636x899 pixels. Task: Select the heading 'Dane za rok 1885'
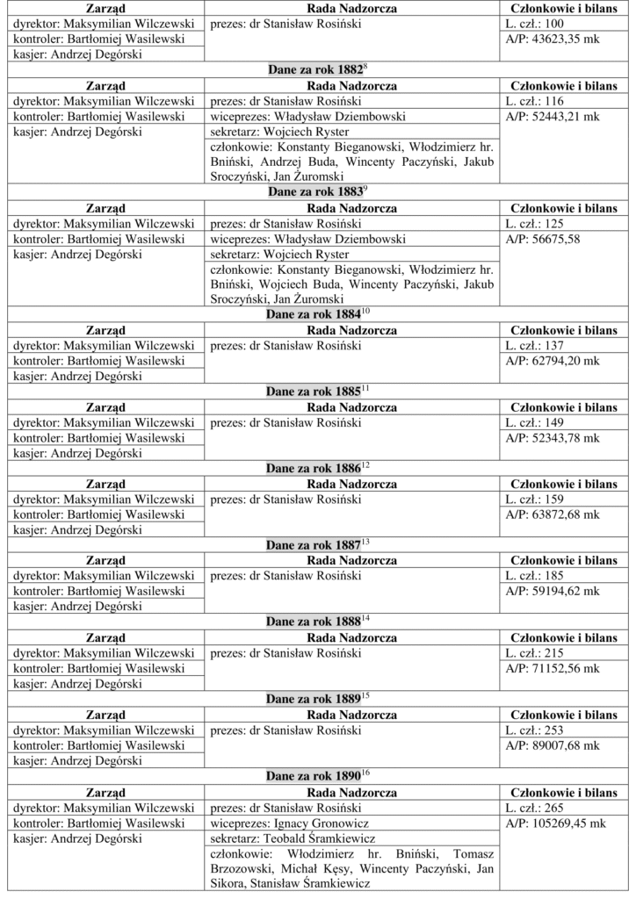[314, 390]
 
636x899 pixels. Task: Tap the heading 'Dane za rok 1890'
[314, 775]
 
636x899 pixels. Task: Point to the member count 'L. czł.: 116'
[535, 102]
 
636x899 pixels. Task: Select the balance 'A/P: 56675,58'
[543, 239]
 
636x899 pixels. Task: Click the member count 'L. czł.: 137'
[535, 346]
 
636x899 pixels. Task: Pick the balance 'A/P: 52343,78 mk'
[553, 437]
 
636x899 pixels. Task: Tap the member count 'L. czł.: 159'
[535, 500]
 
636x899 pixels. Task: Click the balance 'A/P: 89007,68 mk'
[553, 745]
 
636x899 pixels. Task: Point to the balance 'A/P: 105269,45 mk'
[555, 823]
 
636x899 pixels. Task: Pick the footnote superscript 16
[365, 772]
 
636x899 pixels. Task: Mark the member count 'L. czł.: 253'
[535, 730]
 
